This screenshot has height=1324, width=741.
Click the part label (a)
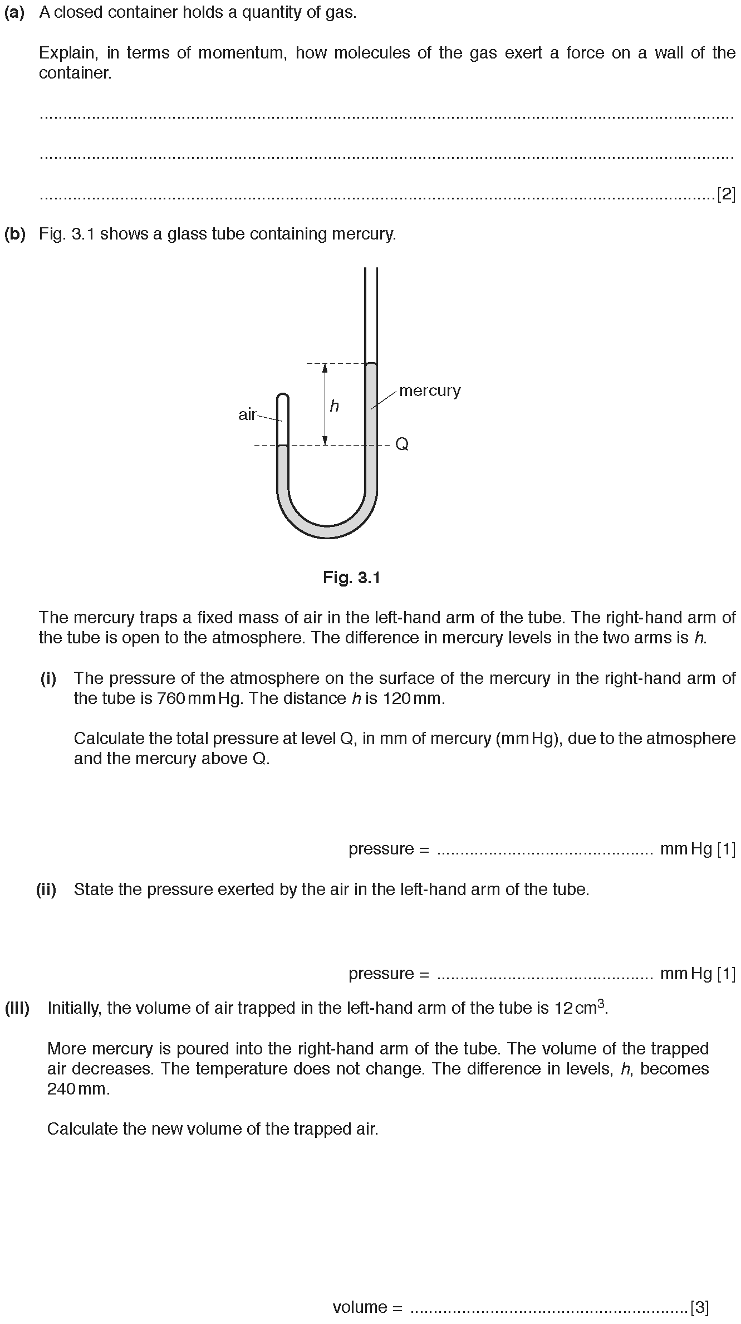[14, 13]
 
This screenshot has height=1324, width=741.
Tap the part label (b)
[15, 234]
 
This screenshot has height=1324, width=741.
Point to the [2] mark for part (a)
[726, 194]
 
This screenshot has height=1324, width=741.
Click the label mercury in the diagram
[430, 391]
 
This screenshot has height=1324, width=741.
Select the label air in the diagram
[247, 414]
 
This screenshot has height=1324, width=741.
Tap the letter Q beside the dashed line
[402, 444]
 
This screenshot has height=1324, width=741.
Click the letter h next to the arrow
[334, 406]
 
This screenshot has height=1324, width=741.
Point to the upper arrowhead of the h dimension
[325, 368]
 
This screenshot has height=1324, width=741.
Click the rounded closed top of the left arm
[283, 397]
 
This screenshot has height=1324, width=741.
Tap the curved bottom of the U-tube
[327, 532]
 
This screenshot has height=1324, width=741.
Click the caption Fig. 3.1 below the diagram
[351, 578]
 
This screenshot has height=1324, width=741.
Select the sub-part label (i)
[48, 678]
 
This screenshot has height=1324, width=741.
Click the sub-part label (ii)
[47, 890]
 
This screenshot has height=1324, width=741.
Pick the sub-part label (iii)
[17, 1008]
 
